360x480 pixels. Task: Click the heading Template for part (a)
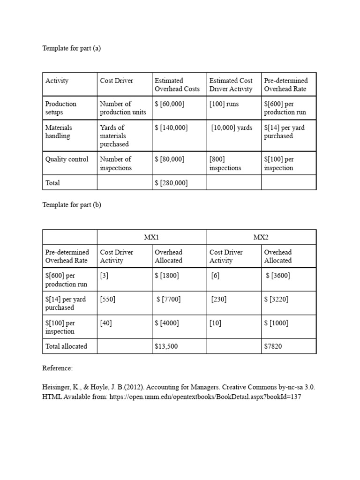coord(72,48)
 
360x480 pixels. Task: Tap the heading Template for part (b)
coord(72,205)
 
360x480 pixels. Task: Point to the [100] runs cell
coord(224,104)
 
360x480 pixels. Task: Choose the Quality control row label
coord(67,159)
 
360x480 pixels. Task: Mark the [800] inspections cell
coord(225,164)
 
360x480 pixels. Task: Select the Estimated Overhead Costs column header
coord(177,85)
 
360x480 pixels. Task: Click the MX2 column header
coord(261,238)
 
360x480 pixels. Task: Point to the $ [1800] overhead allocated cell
coord(166,276)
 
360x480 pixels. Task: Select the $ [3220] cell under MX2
coord(276,299)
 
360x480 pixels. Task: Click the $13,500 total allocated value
coord(166,346)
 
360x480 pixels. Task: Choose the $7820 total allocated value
coord(274,346)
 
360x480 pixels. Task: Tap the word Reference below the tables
coord(58,368)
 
